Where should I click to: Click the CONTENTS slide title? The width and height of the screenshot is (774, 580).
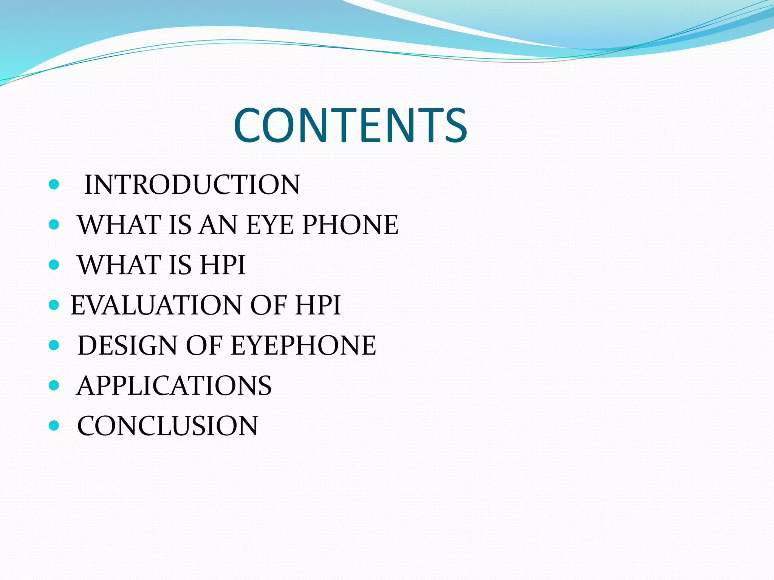pyautogui.click(x=350, y=125)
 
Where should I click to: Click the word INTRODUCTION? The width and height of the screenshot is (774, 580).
pyautogui.click(x=192, y=185)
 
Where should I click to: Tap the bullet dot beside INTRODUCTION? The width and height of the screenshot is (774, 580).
pyautogui.click(x=54, y=184)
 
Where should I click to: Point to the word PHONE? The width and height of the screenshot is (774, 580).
pyautogui.click(x=350, y=225)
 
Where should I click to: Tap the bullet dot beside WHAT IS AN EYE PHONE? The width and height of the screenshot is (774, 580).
pyautogui.click(x=54, y=225)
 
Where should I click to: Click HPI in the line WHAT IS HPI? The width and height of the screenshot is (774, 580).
pyautogui.click(x=223, y=265)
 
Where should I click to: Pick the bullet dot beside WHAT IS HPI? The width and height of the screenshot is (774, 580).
pyautogui.click(x=54, y=265)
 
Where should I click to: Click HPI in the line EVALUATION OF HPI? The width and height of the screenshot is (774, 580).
pyautogui.click(x=318, y=305)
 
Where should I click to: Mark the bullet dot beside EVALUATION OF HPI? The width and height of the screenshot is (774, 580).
pyautogui.click(x=54, y=305)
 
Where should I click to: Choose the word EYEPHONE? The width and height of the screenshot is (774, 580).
pyautogui.click(x=303, y=346)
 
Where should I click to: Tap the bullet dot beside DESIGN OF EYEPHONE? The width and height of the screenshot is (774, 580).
pyautogui.click(x=54, y=345)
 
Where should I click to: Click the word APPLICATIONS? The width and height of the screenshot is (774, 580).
pyautogui.click(x=174, y=386)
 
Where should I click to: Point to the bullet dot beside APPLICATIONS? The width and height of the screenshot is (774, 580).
pyautogui.click(x=54, y=385)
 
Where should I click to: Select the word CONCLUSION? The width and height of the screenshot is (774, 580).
pyautogui.click(x=168, y=426)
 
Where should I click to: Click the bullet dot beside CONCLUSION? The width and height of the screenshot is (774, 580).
pyautogui.click(x=54, y=426)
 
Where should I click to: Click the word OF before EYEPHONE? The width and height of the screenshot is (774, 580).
pyautogui.click(x=204, y=346)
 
